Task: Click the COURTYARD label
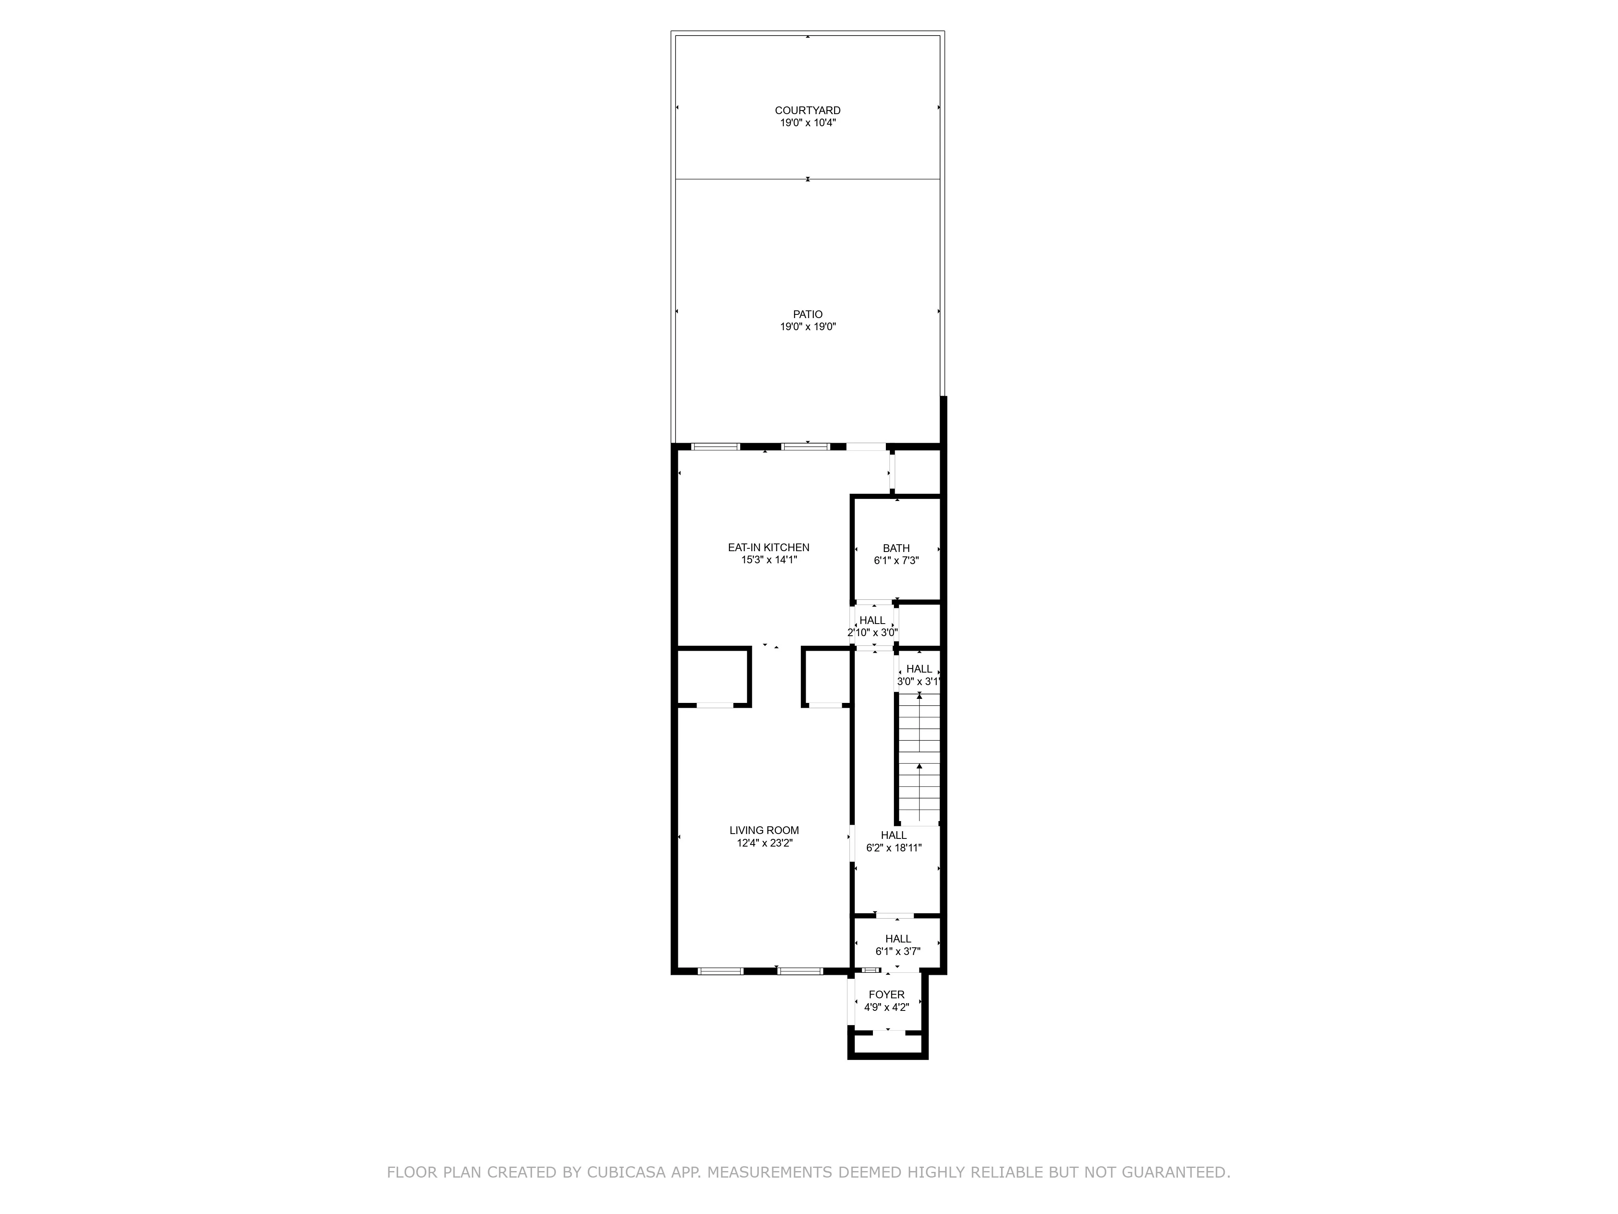tap(807, 110)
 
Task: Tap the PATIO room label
tap(807, 315)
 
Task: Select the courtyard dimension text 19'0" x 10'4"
tap(807, 123)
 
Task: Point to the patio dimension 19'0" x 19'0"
tap(807, 327)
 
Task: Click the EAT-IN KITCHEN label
tap(768, 548)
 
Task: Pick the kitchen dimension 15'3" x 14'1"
tap(768, 560)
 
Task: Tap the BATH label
tap(896, 548)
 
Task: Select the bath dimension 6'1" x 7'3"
tap(896, 560)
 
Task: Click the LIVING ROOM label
tap(764, 830)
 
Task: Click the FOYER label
tap(887, 995)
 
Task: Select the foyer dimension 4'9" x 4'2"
tap(887, 1007)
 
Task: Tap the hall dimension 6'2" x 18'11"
tap(893, 848)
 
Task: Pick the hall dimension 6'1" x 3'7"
tap(898, 951)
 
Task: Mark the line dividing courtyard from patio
tap(731, 178)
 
